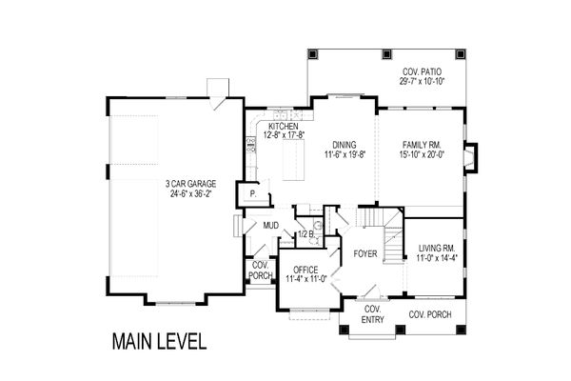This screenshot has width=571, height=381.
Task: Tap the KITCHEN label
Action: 284,127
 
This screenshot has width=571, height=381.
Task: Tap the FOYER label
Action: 366,254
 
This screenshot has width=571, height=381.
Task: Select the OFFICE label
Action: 305,270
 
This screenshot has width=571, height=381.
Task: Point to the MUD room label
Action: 257,227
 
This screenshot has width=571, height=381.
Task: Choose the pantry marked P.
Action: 253,194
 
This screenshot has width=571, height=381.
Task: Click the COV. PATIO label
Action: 421,71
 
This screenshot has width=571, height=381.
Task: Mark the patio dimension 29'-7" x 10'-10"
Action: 421,82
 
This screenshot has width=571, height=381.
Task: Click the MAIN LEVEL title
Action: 158,341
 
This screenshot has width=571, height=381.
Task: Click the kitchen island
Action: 292,159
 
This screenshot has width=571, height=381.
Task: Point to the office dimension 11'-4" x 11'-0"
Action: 305,279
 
